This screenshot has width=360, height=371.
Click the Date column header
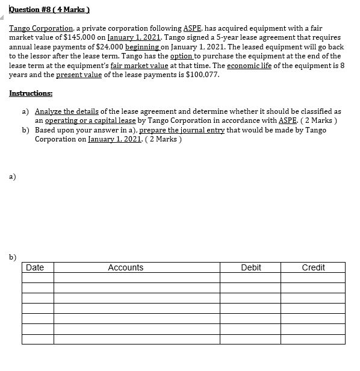click(x=35, y=267)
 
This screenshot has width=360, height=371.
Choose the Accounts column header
click(x=126, y=267)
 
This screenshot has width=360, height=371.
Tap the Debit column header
click(x=250, y=267)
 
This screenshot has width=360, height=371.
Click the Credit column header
click(x=313, y=267)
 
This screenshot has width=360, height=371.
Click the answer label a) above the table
click(x=13, y=176)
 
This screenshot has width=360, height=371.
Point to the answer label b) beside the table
click(x=13, y=258)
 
